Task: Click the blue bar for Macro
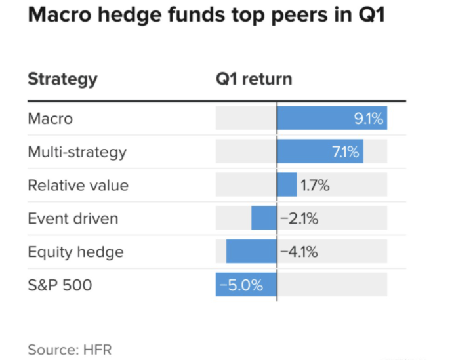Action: (315, 119)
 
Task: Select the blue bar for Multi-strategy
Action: (305, 152)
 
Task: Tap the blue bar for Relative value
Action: (287, 185)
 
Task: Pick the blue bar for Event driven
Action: (264, 218)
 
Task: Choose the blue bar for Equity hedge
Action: (251, 251)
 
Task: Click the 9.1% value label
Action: (369, 119)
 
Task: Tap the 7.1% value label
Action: (346, 152)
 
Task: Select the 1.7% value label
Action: (315, 185)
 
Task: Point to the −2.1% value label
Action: (299, 218)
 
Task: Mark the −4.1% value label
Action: (299, 251)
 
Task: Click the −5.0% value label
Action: (241, 285)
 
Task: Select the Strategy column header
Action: (62, 79)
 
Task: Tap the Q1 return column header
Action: (254, 79)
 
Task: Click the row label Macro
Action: (50, 119)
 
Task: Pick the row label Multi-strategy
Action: (77, 152)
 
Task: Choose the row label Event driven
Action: (73, 218)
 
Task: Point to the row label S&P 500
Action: (60, 285)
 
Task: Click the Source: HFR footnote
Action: (65, 349)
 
